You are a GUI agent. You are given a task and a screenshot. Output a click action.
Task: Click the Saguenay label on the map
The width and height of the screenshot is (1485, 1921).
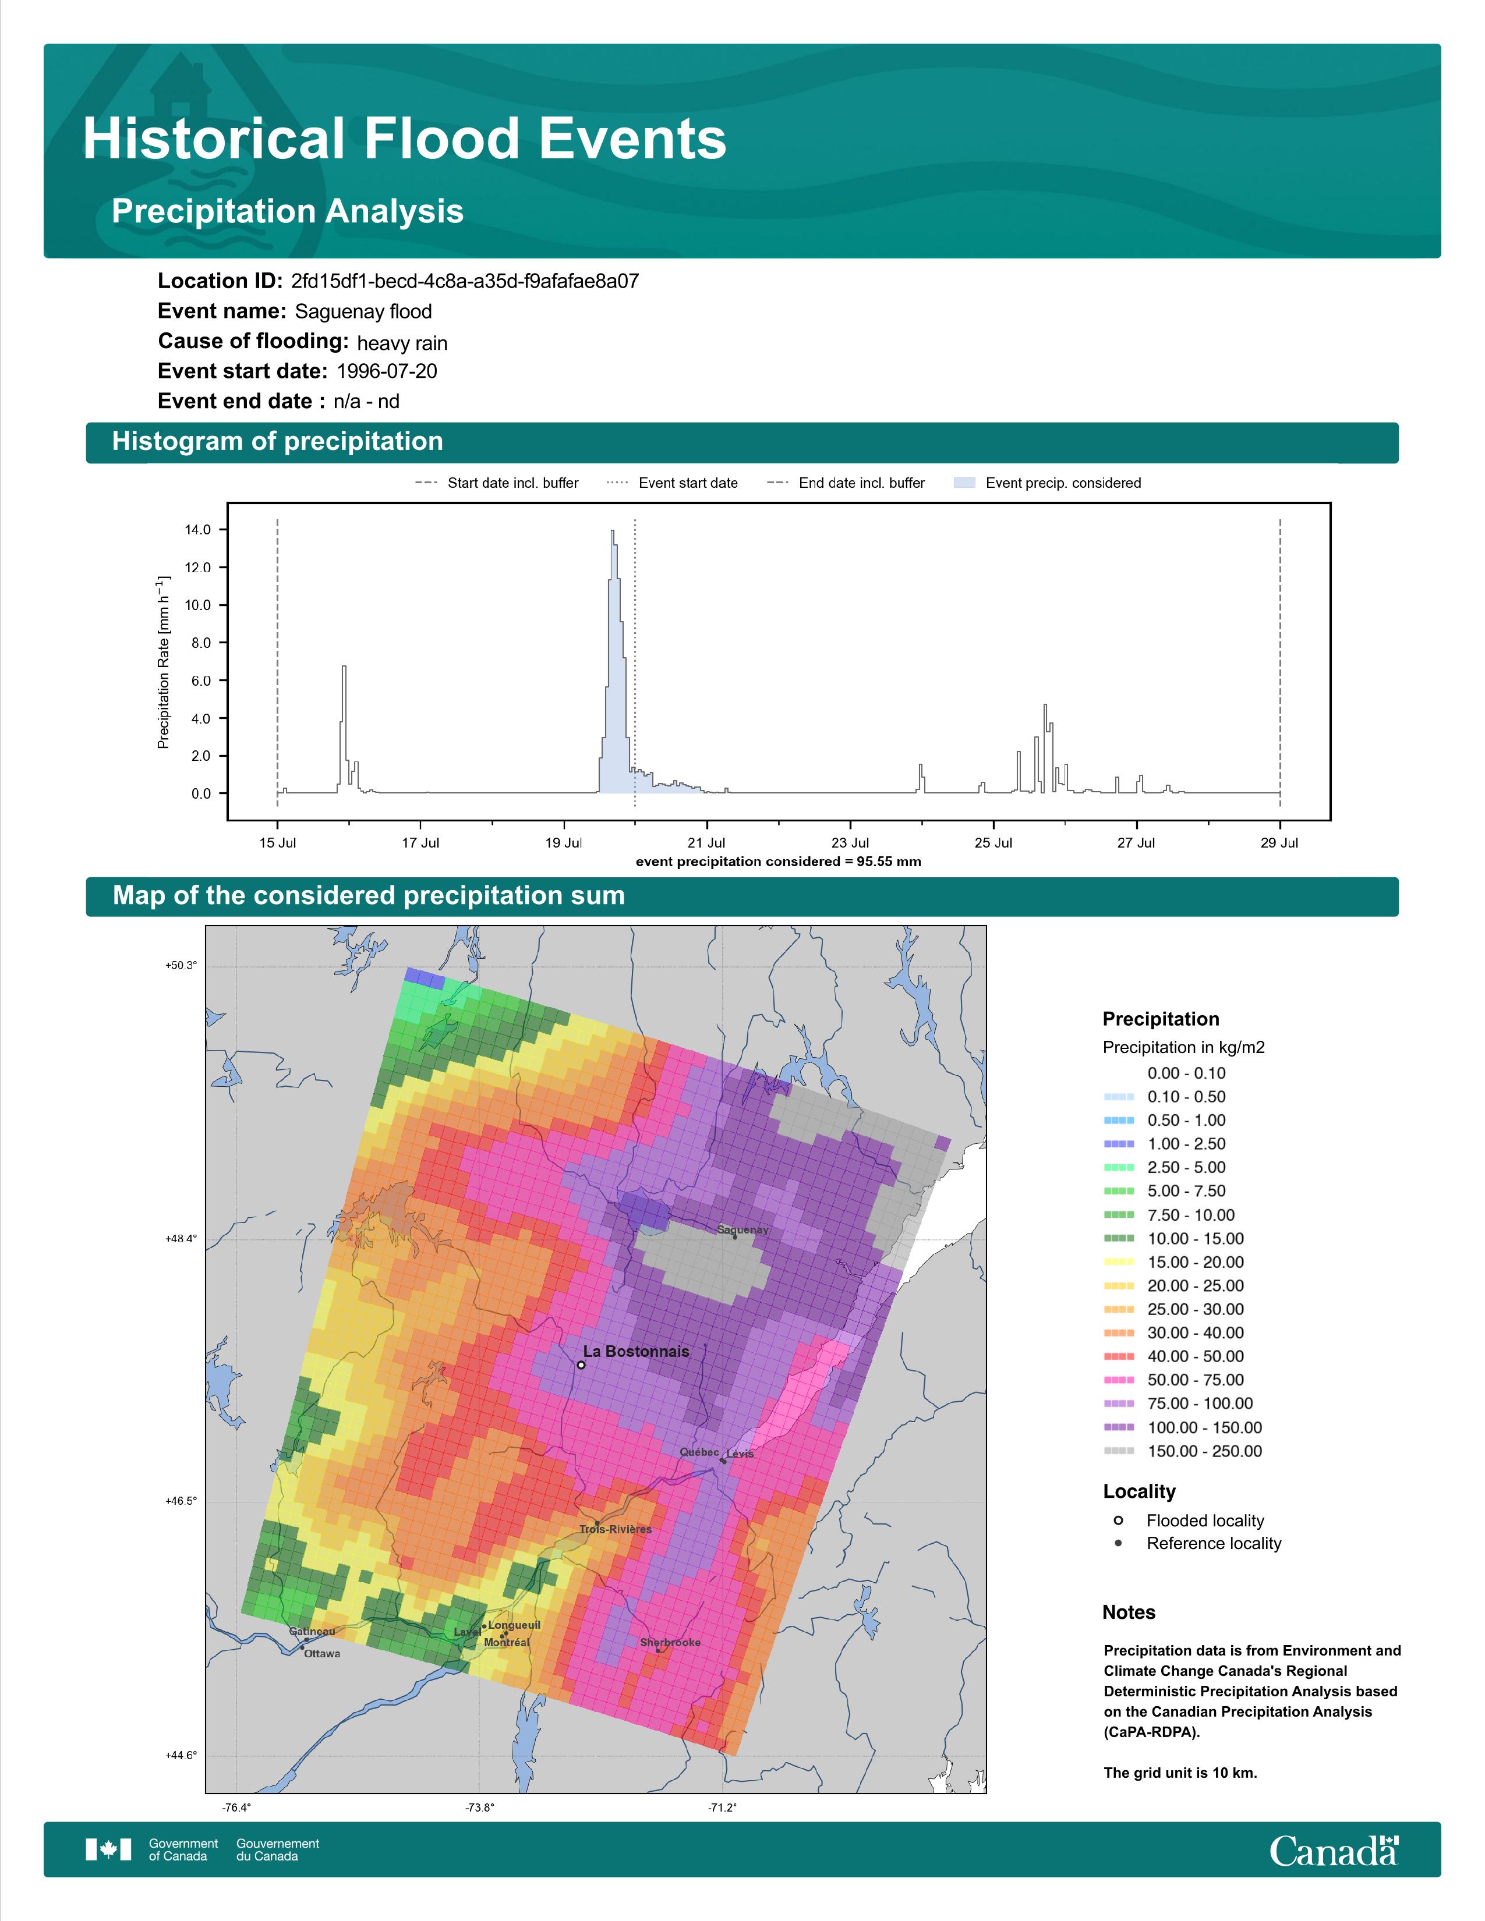[x=742, y=1229]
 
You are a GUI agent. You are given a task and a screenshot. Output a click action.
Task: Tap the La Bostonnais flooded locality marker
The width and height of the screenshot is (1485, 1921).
[x=581, y=1365]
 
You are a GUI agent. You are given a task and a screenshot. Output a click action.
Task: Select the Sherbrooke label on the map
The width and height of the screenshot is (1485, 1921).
[x=670, y=1642]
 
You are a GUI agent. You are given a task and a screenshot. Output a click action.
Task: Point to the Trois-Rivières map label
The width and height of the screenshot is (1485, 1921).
[x=615, y=1529]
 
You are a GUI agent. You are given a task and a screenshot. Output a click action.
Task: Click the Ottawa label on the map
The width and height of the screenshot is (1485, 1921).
[x=322, y=1654]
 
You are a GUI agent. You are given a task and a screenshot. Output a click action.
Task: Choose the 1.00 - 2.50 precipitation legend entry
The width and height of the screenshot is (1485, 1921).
[x=1164, y=1143]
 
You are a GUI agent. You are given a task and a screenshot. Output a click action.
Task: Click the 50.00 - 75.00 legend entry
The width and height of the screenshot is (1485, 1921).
[x=1173, y=1380]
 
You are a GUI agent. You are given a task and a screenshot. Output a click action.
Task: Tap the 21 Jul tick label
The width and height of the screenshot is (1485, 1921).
[x=706, y=843]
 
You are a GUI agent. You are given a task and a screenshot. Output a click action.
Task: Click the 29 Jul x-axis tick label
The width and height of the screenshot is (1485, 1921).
[x=1279, y=843]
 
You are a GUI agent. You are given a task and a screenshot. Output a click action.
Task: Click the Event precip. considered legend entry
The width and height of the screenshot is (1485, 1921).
[x=1047, y=483]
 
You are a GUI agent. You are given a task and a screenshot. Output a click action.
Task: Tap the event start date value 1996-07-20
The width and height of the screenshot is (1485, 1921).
[x=387, y=371]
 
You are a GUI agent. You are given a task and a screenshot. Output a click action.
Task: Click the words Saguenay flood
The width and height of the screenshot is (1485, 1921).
[x=363, y=311]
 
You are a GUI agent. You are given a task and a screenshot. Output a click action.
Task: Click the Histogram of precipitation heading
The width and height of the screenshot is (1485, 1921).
[x=277, y=442]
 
